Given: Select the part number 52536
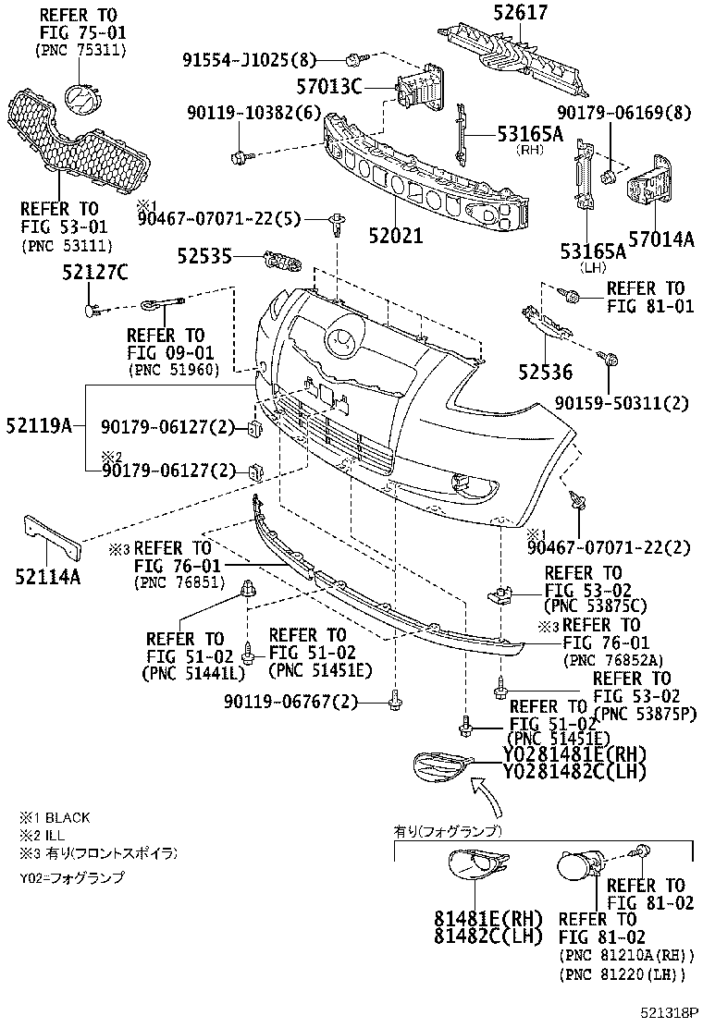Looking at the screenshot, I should coord(545,373).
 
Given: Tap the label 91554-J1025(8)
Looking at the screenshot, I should coord(249,61).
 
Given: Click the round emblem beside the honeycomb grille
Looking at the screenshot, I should coord(81,100).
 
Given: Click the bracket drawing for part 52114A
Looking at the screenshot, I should coord(48,541).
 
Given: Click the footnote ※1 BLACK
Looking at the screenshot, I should coord(55,818).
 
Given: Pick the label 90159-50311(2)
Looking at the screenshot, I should coord(622,403).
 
